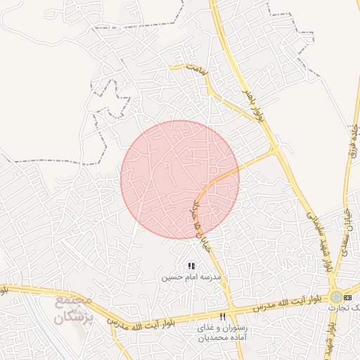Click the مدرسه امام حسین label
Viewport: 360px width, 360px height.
click(x=191, y=277)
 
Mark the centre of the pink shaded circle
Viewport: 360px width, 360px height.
click(x=180, y=179)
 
